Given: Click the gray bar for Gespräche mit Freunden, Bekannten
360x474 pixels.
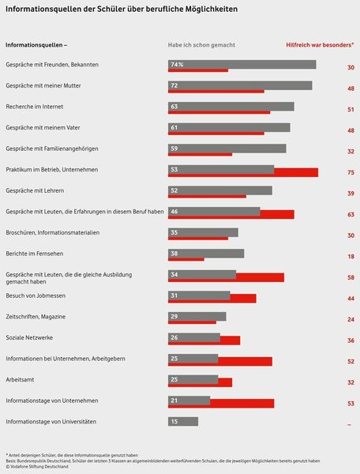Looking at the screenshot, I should pos(242,64).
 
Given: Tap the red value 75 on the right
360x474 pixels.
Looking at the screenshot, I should pos(350,173).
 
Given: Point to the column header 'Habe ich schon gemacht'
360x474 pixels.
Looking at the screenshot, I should pos(201,45).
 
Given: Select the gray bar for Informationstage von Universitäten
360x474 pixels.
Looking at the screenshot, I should pos(183,422).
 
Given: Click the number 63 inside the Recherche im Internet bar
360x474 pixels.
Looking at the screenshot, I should pos(174,106).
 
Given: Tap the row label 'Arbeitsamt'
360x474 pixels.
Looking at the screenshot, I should pos(22,379).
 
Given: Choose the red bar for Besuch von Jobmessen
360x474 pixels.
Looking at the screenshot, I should pos(243,299).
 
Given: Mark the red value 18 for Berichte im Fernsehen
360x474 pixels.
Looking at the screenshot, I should pos(350,257).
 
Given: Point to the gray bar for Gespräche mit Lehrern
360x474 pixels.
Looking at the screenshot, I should pos(220,190).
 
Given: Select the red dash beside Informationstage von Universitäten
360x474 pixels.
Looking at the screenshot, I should pos(349,425).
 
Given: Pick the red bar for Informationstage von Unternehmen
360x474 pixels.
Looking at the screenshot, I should pos(242,404).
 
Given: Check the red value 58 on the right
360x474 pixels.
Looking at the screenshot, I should pos(350,278).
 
